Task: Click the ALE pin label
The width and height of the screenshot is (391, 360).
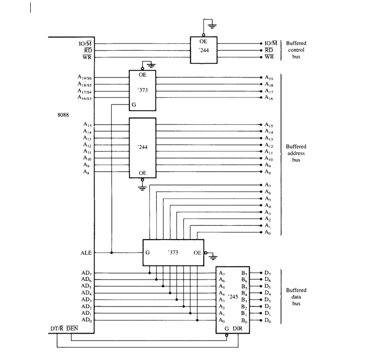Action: pos(85,253)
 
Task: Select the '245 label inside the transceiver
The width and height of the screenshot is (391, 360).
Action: pos(232,297)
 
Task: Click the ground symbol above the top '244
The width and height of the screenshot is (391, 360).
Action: pos(211,24)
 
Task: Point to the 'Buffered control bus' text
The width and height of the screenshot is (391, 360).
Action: pos(296,50)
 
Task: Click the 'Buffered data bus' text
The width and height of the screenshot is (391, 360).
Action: pos(296,297)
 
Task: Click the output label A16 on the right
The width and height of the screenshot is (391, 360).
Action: pos(269,98)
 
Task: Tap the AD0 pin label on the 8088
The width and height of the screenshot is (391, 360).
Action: pos(86,320)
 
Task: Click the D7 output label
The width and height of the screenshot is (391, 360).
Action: pos(268,273)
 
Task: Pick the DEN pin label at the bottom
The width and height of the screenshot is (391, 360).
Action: pos(72,329)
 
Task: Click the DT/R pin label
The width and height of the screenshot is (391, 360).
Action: pos(58,329)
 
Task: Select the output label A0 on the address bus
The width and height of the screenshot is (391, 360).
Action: pos(268,233)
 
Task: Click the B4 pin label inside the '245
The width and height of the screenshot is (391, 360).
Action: pos(244,293)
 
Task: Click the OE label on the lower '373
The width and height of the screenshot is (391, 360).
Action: pos(197,253)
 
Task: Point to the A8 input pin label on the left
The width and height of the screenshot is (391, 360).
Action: pos(86,172)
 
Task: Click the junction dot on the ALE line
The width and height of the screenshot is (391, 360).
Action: pos(112,253)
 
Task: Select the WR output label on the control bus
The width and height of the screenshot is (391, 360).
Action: pos(269,57)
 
